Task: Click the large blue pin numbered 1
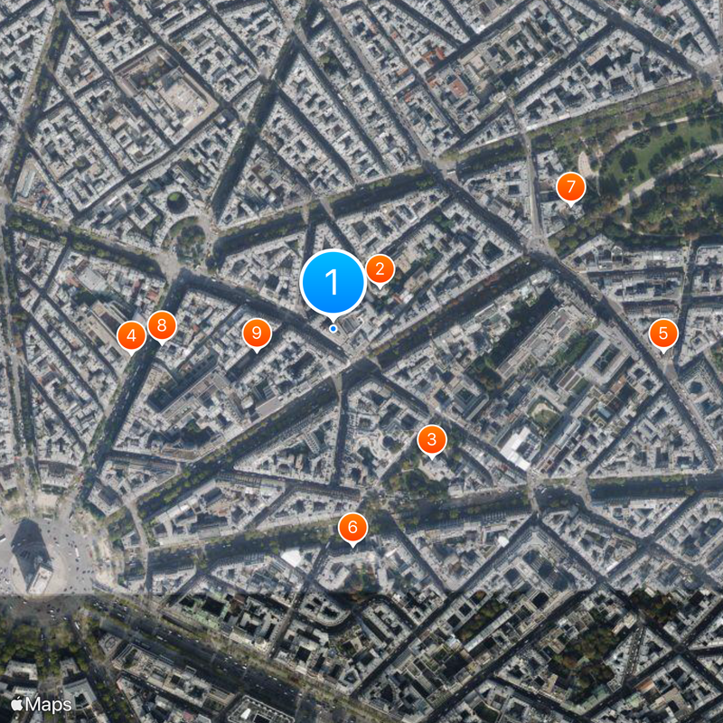pyautogui.click(x=333, y=282)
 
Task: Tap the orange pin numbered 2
pyautogui.click(x=380, y=268)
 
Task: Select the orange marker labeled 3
pyautogui.click(x=432, y=439)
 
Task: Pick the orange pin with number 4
pyautogui.click(x=132, y=336)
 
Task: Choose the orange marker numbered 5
pyautogui.click(x=663, y=333)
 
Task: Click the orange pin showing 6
pyautogui.click(x=352, y=527)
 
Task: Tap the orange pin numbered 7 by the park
pyautogui.click(x=570, y=187)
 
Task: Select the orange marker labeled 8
pyautogui.click(x=162, y=325)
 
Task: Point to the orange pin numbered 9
pyautogui.click(x=257, y=333)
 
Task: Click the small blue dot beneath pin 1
pyautogui.click(x=333, y=328)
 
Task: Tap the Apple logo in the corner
pyautogui.click(x=17, y=703)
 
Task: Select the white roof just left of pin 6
pyautogui.click(x=292, y=558)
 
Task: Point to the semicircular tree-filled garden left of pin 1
pyautogui.click(x=190, y=240)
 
